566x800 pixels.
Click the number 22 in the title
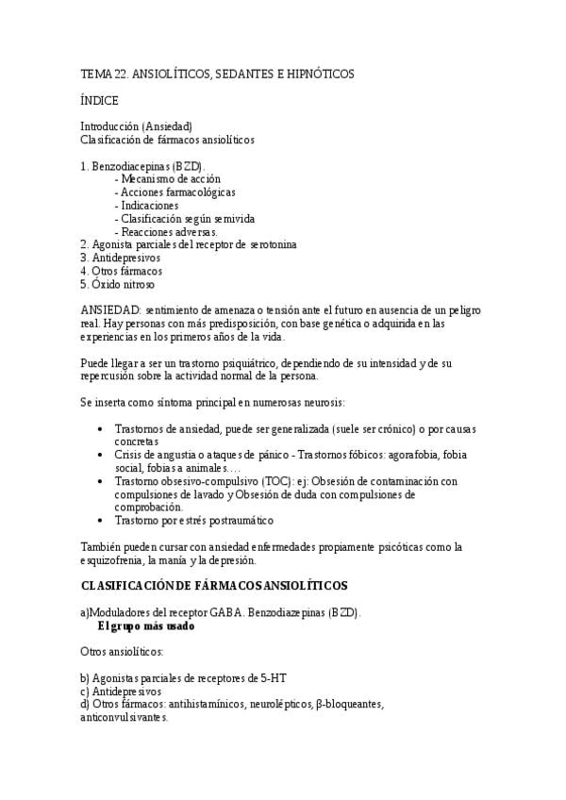[x=119, y=73]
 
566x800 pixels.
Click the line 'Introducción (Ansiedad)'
[x=136, y=126]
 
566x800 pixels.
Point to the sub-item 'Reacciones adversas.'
[x=165, y=231]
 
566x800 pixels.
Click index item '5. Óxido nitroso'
[x=118, y=284]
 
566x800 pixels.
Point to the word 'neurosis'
[x=325, y=403]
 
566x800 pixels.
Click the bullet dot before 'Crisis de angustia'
[x=101, y=455]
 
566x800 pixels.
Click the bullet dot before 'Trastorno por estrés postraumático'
[x=101, y=520]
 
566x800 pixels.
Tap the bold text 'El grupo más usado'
[x=146, y=625]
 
